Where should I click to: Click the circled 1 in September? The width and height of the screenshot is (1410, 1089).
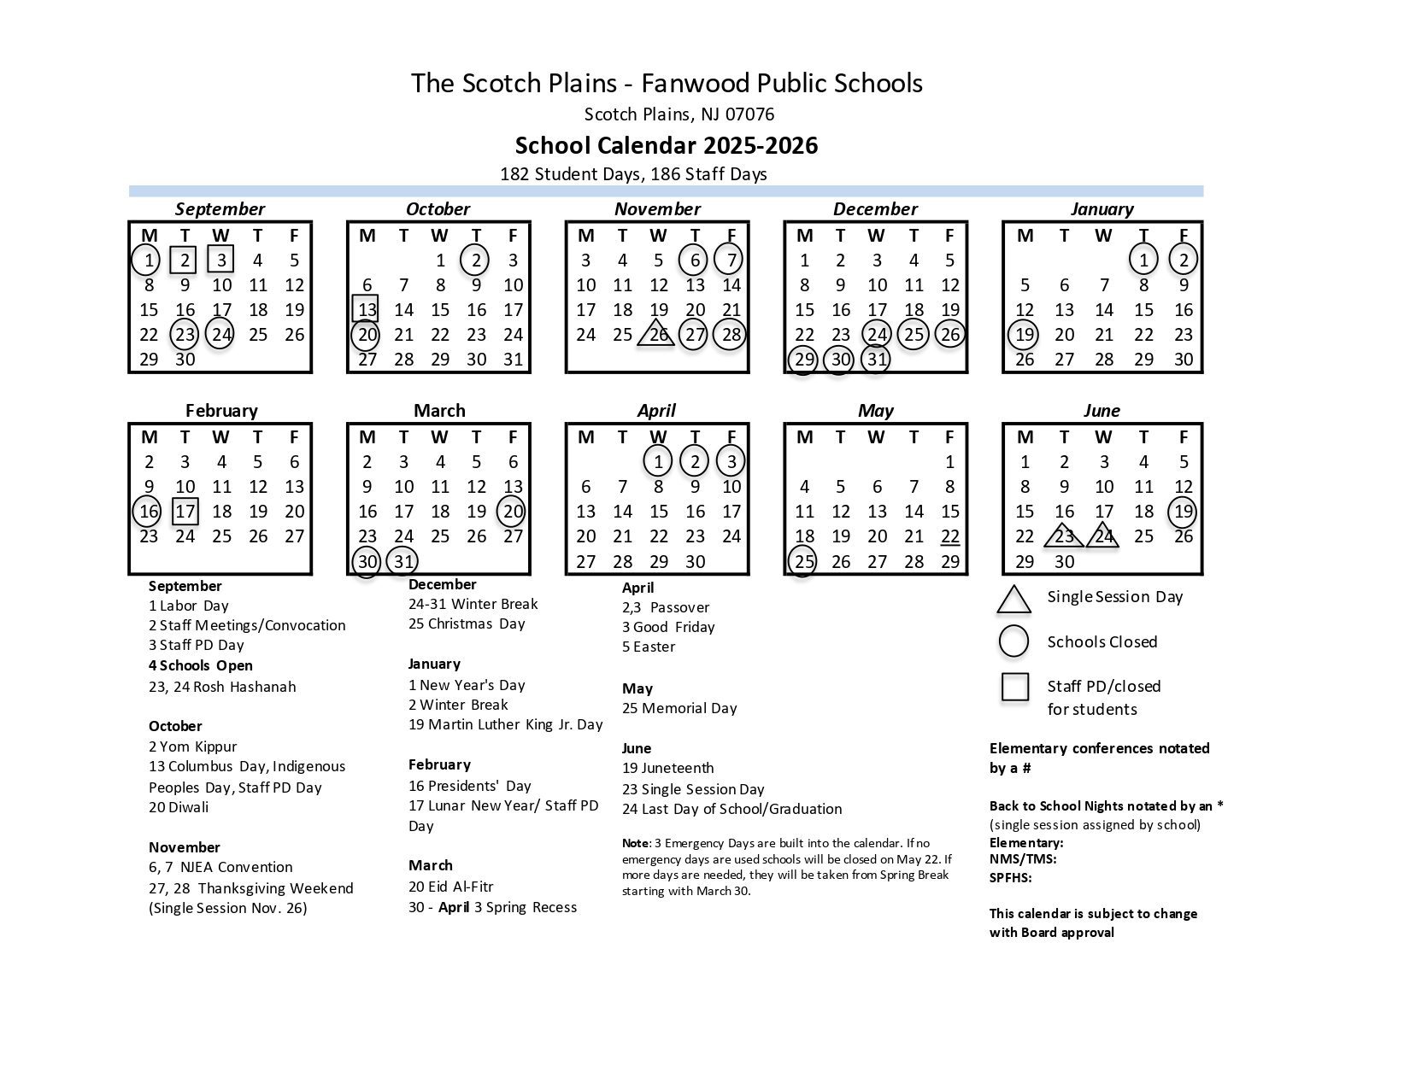(149, 261)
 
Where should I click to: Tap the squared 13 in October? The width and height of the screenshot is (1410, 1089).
(367, 309)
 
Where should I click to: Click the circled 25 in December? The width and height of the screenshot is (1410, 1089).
(914, 335)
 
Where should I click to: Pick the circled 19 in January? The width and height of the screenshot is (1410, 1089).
(1024, 335)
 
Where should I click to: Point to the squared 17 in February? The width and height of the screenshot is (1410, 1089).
(185, 512)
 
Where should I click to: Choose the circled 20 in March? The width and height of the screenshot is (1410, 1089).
(512, 512)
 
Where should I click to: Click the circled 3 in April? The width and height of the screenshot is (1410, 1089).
(731, 462)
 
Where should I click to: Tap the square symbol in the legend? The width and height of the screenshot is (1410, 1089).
(1014, 687)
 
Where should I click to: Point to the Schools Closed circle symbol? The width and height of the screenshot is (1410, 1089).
(1013, 641)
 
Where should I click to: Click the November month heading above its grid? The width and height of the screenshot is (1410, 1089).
(657, 209)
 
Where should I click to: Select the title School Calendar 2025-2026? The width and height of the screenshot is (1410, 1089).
(667, 145)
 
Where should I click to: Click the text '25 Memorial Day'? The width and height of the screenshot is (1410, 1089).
(679, 708)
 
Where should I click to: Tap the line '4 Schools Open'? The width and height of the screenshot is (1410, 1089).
(201, 665)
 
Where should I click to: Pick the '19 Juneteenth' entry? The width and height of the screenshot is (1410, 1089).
(668, 768)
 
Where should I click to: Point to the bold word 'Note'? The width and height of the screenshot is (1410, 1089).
(636, 843)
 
